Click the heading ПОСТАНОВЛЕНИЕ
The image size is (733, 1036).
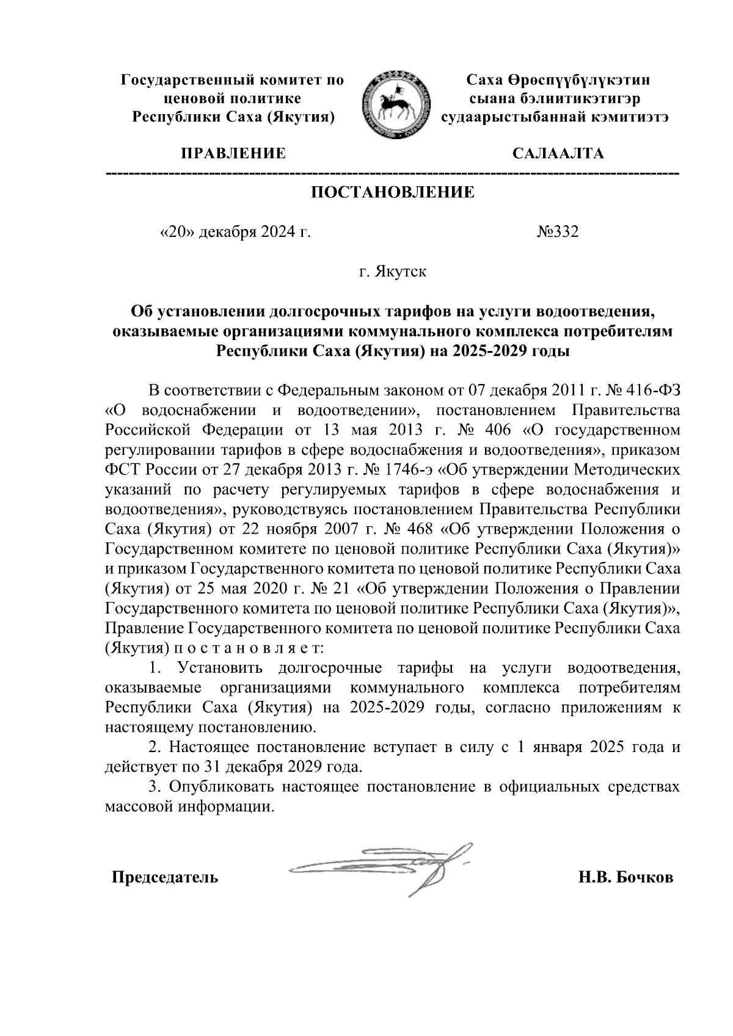pyautogui.click(x=393, y=193)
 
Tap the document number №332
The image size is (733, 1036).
pyautogui.click(x=557, y=232)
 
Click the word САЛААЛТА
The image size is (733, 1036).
pyautogui.click(x=558, y=153)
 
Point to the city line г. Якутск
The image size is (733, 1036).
pyautogui.click(x=393, y=271)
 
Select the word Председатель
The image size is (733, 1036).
pyautogui.click(x=164, y=878)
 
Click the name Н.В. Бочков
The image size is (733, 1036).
pyautogui.click(x=626, y=878)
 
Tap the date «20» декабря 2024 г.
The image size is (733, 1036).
pyautogui.click(x=235, y=232)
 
